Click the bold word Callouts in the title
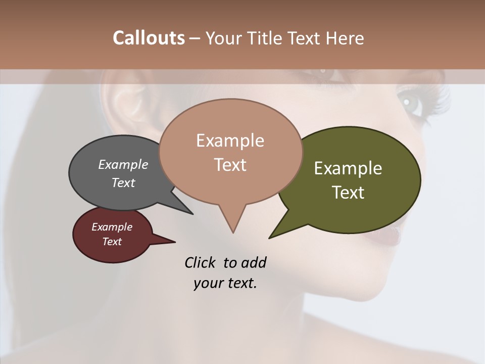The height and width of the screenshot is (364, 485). click(x=149, y=38)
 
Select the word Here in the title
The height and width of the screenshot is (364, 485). click(x=346, y=38)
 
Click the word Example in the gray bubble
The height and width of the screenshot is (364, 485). click(x=123, y=164)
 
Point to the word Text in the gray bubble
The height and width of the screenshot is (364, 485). click(x=123, y=183)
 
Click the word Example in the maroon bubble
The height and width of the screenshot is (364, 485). click(x=112, y=227)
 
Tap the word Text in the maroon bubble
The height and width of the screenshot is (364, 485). click(x=112, y=242)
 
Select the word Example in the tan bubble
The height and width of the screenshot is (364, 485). click(x=230, y=141)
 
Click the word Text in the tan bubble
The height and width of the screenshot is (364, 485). click(x=230, y=165)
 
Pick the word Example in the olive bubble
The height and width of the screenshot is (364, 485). click(x=348, y=168)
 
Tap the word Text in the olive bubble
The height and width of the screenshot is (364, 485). click(x=348, y=193)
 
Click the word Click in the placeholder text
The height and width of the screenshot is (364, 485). click(x=201, y=262)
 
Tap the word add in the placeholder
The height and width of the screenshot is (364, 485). click(x=253, y=262)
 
